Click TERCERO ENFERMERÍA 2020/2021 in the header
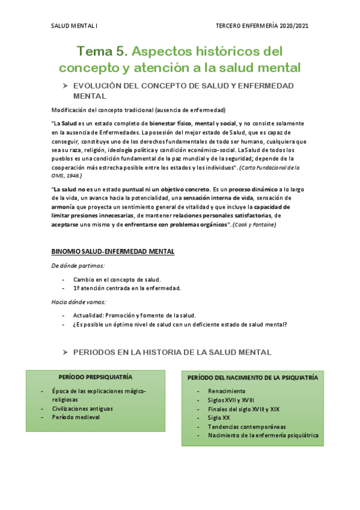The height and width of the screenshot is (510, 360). tap(262, 26)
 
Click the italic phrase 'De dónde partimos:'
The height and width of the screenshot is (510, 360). tap(70, 265)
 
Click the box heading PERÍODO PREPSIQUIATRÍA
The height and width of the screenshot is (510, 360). tap(96, 377)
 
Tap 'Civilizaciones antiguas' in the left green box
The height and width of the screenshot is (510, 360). tap(82, 408)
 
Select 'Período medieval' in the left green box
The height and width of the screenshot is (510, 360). tap(76, 417)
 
